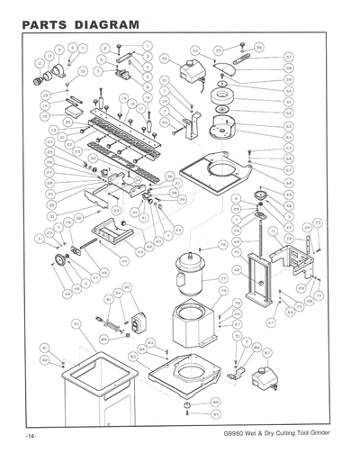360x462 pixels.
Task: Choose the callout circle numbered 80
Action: pos(127,287)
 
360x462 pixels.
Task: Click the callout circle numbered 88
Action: pos(216,402)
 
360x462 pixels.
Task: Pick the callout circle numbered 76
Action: pos(223,245)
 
